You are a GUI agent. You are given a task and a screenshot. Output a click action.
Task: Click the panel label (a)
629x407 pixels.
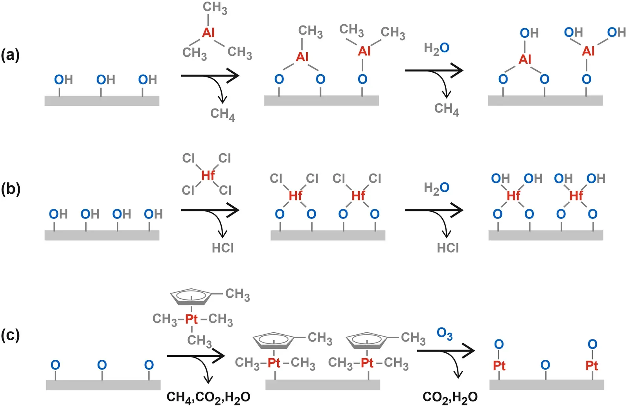point(11,55)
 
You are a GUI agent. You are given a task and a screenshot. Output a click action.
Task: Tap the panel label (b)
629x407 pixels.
point(11,189)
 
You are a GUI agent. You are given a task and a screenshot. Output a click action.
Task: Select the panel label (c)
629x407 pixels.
point(11,335)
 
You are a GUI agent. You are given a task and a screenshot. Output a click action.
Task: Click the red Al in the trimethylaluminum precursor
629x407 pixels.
point(208,33)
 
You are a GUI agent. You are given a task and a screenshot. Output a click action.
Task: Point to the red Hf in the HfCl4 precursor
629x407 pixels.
point(208,175)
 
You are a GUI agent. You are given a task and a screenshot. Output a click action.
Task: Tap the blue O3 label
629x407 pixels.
point(445,334)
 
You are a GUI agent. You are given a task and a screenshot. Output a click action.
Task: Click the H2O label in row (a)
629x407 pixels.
point(436,48)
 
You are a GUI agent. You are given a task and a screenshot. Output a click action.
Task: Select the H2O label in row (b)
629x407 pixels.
point(436,188)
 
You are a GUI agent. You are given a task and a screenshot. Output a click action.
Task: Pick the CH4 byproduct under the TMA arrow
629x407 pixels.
point(223,114)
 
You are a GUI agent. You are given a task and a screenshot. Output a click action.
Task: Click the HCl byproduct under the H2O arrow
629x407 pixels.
point(448,248)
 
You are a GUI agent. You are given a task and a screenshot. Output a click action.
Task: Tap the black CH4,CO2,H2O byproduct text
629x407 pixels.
point(208,397)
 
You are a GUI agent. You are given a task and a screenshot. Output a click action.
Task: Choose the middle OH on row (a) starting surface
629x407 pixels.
point(105,80)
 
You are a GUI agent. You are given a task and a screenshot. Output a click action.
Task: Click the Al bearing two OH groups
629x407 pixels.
point(588,51)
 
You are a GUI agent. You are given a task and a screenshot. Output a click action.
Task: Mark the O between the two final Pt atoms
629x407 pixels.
point(545,365)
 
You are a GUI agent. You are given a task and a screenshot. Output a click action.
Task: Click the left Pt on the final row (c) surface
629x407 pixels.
point(499,366)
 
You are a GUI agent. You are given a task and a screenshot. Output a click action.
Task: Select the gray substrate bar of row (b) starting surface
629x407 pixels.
point(102,235)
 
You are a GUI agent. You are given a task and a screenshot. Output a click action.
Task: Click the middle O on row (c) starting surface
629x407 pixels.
point(102,365)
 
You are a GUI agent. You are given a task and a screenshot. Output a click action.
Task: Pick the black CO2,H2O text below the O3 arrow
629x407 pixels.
point(450,397)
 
